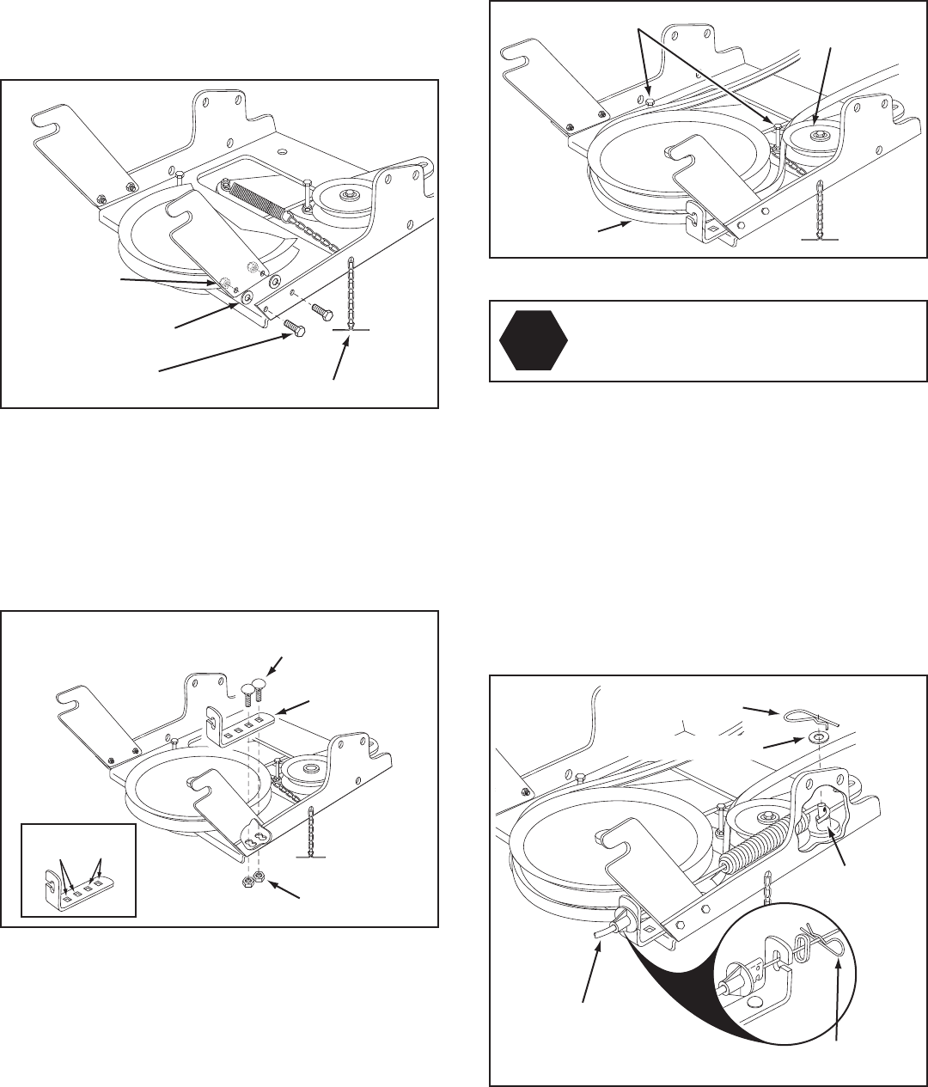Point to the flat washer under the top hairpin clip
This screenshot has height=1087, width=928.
[x=823, y=736]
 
